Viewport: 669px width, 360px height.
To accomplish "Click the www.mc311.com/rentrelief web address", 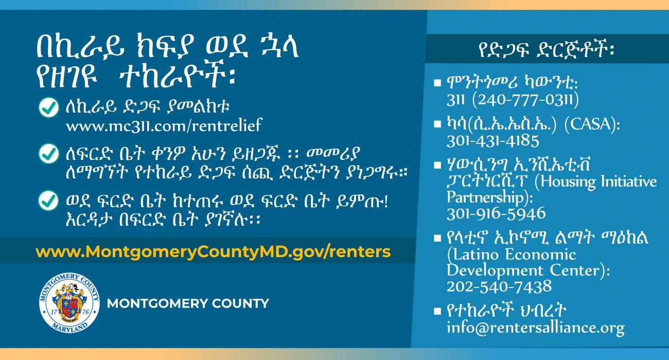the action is coord(164,125).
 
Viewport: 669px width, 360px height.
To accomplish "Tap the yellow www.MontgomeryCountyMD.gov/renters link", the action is coord(213,251).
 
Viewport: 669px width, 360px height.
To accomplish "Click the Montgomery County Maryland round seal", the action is coord(69,303).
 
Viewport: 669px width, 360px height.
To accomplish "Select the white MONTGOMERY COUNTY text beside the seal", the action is coord(188,303).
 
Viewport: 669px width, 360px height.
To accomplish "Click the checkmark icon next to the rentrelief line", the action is coord(49,107).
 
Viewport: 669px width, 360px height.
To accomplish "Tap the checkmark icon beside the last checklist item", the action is coord(48,201).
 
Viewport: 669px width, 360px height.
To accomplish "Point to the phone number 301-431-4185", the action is coord(493,141).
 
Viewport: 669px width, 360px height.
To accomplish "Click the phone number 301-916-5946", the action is coord(496,214).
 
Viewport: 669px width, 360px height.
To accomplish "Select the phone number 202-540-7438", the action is coord(499,286).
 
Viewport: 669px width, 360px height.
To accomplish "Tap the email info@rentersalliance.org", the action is coord(536,328).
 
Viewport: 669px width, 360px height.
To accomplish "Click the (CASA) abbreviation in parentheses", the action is coord(592,124).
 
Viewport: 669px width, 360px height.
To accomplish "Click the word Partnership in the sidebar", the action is coord(486,197).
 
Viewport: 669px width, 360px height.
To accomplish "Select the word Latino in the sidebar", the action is coord(472,255).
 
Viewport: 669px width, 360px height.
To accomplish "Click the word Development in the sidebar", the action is coord(495,271).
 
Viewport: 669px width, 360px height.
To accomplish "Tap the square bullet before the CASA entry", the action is coord(437,124).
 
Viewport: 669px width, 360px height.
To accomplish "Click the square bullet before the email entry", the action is coord(437,311).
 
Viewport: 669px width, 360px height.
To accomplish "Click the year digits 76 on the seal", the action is coord(85,312).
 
